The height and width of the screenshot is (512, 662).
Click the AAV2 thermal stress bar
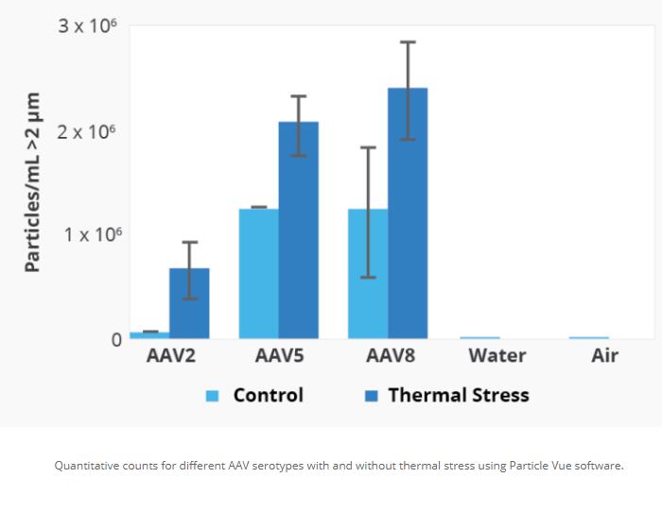(189, 304)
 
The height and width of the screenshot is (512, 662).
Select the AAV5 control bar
(258, 273)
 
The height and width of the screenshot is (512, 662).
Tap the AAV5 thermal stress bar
(298, 230)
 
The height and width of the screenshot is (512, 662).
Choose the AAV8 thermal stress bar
(408, 213)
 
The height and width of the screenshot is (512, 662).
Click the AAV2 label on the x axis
(170, 356)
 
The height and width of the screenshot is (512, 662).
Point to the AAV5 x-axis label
(279, 356)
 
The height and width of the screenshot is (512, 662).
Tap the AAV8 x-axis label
(389, 356)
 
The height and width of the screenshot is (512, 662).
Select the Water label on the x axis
(497, 356)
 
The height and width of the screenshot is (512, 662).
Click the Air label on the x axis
(604, 356)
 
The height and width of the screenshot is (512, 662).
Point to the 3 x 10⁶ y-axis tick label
(88, 26)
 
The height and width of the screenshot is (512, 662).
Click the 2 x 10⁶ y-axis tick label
(88, 131)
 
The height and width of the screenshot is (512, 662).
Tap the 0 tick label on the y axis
(116, 339)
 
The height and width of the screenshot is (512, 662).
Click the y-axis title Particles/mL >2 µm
(33, 182)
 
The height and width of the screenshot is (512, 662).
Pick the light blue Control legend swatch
(213, 396)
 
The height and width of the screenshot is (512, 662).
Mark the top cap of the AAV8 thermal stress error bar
(408, 43)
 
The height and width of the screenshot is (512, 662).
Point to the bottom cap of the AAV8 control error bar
(368, 277)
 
